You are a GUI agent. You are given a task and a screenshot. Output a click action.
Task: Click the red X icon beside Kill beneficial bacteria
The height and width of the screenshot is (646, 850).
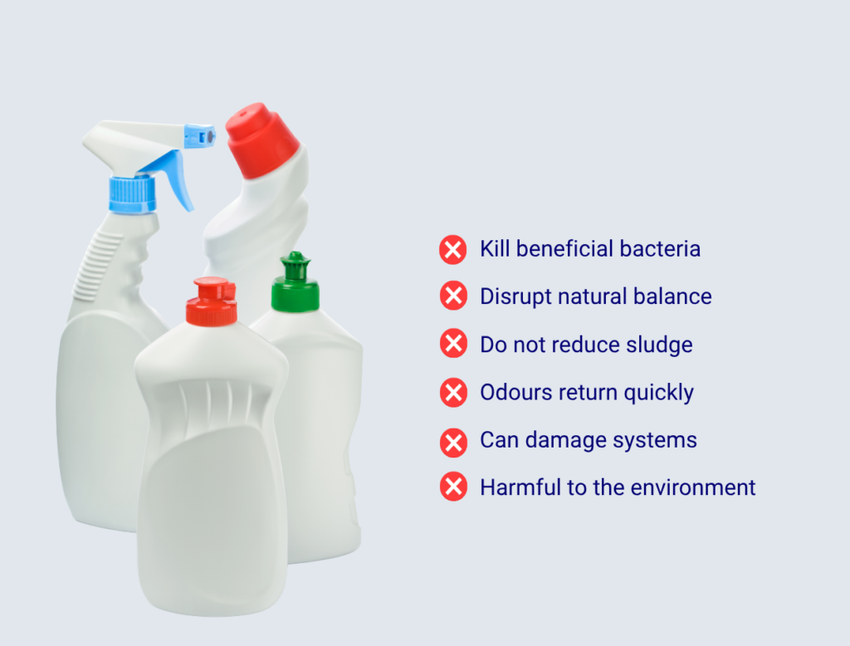coord(453,249)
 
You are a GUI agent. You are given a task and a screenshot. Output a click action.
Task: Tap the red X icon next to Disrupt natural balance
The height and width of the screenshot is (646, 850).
coord(453,296)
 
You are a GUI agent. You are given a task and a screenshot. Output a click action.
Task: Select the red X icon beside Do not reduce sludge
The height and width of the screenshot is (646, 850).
coord(453,343)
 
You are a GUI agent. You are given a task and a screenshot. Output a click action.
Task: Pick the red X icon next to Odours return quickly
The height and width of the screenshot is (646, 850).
coord(453,392)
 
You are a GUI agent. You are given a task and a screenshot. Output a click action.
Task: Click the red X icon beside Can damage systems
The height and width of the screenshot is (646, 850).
coord(453,443)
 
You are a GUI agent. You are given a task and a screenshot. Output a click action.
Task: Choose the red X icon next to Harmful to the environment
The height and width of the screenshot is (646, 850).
coord(453,486)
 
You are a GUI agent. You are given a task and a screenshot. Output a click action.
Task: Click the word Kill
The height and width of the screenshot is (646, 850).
coord(495,249)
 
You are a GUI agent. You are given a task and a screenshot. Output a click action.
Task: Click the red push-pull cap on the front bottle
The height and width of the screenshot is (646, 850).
coord(212,302)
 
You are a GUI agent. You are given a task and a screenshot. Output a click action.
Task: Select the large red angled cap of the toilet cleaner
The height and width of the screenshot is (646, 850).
coord(261,140)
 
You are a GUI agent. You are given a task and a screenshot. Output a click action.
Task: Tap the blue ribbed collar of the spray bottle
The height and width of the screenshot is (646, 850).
coord(132,194)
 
